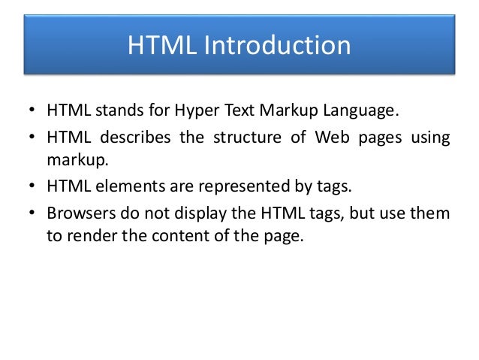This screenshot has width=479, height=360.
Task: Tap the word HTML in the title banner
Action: click(x=160, y=46)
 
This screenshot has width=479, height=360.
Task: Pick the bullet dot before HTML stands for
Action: click(x=33, y=113)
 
